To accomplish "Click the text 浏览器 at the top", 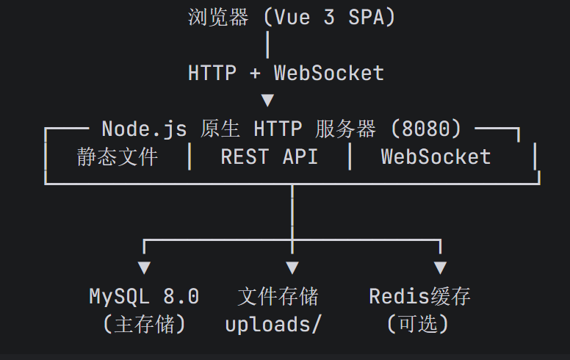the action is click(x=218, y=17).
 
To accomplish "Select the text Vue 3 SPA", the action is click(x=329, y=18).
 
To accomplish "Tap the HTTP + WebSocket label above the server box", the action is click(x=286, y=73).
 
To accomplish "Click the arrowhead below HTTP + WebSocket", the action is click(x=267, y=101).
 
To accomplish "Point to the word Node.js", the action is click(x=144, y=129).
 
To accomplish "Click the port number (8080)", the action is click(x=426, y=129).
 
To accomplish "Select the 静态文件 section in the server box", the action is click(x=118, y=157).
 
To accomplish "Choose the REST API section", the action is click(x=270, y=157).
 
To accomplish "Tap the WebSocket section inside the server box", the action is click(x=436, y=157).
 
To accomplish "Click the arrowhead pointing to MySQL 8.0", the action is click(x=144, y=267).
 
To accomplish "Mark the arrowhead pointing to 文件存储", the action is click(x=292, y=267).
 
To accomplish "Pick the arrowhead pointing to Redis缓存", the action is click(x=440, y=267).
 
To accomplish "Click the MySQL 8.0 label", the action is click(x=144, y=296).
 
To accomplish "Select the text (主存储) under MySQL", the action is click(x=144, y=324).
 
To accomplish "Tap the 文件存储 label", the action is click(x=278, y=296).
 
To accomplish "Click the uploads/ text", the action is click(x=273, y=324).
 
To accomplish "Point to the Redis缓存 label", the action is click(x=419, y=296).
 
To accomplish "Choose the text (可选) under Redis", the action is click(x=418, y=324).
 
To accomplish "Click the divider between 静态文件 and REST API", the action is click(x=190, y=156).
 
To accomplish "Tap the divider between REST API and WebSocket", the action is click(x=350, y=156).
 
